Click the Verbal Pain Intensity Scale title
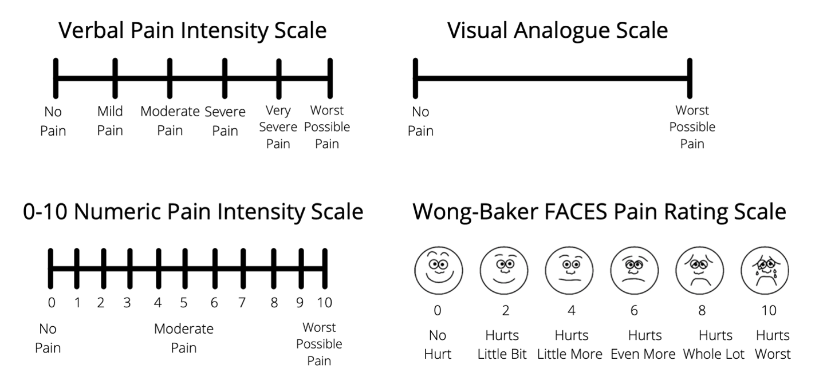(x=193, y=30)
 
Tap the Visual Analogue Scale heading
(x=557, y=30)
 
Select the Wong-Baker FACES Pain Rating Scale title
(x=598, y=212)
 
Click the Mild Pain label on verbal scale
(x=110, y=121)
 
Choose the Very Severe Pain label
(x=278, y=126)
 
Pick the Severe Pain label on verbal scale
(x=225, y=121)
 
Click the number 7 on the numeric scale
(x=242, y=303)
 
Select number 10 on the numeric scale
(x=324, y=303)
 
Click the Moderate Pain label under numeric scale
(x=183, y=338)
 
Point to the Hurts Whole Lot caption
(x=714, y=345)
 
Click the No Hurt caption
(x=438, y=345)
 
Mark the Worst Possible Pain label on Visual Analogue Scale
(x=692, y=126)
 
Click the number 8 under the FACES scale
(x=702, y=311)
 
